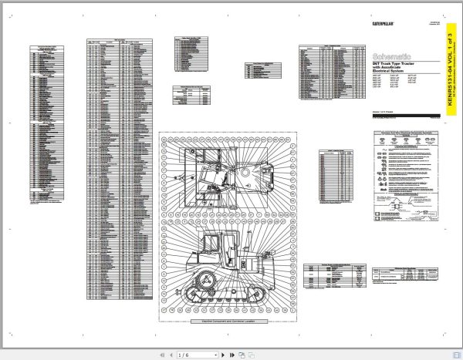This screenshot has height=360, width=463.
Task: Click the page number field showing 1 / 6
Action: point(188,355)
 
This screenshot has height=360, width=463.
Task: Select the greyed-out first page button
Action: point(161,355)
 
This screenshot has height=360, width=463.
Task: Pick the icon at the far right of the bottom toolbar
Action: point(252,355)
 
